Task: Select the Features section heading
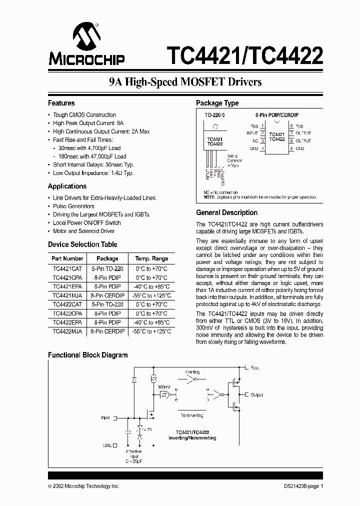tap(61, 103)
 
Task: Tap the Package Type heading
tap(217, 103)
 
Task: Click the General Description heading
tap(226, 212)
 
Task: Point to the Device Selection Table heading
tap(82, 244)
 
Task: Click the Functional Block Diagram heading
tap(87, 355)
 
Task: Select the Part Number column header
tap(67, 258)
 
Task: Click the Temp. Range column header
tap(151, 258)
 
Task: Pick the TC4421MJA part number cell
tap(67, 295)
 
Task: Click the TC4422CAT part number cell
tap(67, 304)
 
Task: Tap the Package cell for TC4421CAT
tap(107, 268)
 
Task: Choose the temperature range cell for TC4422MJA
tap(151, 331)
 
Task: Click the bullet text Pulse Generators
tap(73, 206)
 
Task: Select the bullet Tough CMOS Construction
tap(84, 115)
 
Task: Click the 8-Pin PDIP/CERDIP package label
tap(276, 115)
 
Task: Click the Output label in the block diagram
tap(256, 395)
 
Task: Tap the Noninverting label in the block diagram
tap(192, 415)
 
